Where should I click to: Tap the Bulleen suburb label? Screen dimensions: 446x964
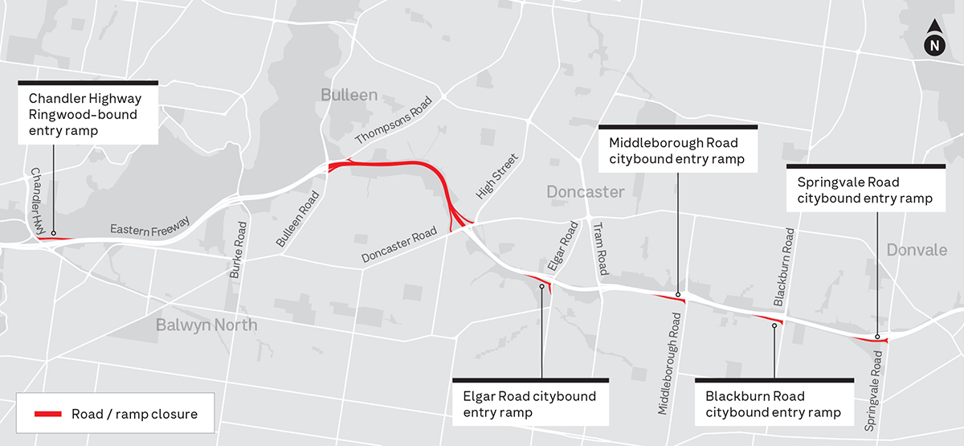(349, 95)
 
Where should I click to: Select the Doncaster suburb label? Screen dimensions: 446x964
(585, 192)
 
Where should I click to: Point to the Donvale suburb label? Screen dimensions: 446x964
(917, 251)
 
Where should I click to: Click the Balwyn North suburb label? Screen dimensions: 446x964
(207, 325)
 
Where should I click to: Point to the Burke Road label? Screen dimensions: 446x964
(238, 250)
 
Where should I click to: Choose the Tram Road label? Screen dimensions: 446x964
(599, 248)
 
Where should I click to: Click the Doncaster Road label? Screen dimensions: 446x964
(399, 244)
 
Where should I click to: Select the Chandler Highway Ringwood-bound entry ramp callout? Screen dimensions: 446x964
(88, 114)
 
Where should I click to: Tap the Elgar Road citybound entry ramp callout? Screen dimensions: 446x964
(530, 405)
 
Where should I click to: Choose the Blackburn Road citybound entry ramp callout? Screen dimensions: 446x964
(773, 405)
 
